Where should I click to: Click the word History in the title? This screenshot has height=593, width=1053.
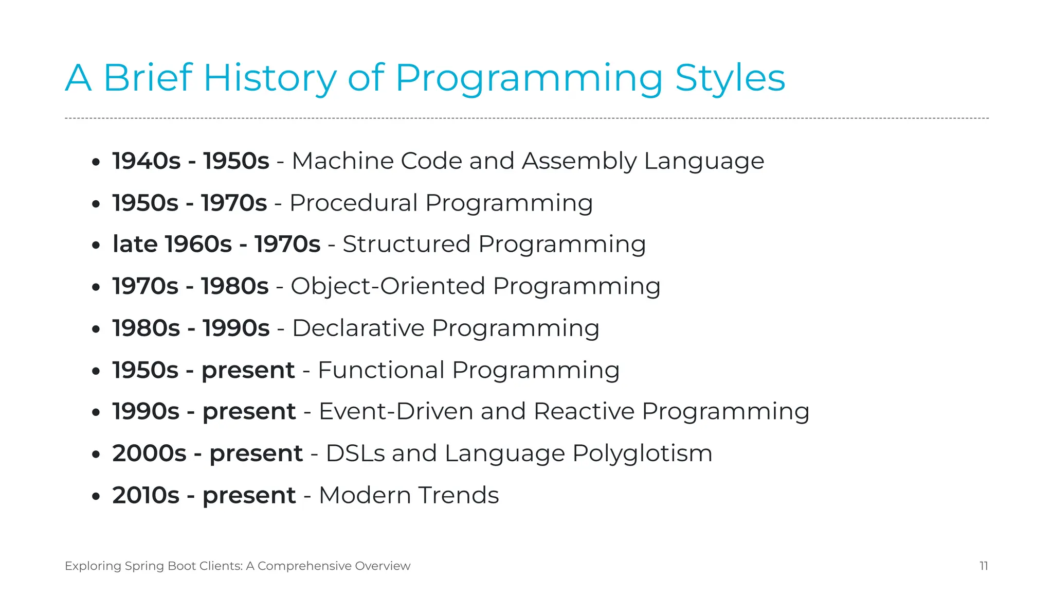click(269, 78)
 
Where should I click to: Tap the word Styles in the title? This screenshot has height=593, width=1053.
click(730, 78)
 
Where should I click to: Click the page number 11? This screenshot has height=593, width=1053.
click(984, 566)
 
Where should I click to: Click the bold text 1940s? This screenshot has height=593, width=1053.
click(147, 161)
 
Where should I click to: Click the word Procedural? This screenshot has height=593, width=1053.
click(353, 203)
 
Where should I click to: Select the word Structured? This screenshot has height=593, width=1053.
click(406, 244)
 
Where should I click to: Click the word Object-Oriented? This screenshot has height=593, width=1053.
click(388, 286)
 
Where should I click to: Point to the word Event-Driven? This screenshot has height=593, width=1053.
click(395, 411)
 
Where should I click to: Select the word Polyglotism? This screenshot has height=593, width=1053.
click(642, 454)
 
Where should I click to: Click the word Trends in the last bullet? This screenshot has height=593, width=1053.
click(458, 495)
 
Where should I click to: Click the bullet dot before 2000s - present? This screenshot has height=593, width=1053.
click(96, 455)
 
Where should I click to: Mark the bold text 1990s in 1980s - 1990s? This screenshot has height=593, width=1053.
click(236, 328)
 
